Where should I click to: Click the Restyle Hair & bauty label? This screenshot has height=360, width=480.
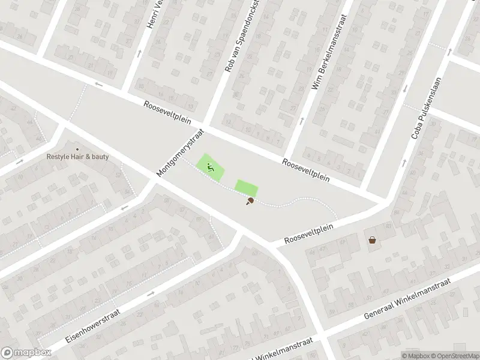pos(78,157)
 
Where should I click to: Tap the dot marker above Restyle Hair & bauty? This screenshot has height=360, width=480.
pos(77,149)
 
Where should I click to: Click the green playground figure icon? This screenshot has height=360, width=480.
pos(211,168)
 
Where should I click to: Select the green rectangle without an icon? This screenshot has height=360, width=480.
pos(246,187)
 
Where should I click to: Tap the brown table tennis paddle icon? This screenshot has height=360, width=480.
pos(249,202)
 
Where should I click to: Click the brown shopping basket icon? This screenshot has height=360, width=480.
pos(373,240)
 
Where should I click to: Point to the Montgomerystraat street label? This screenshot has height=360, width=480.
pos(181,152)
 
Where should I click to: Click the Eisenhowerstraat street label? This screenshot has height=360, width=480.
pos(93,325)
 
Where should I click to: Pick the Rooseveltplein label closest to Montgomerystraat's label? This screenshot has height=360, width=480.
pos(167,112)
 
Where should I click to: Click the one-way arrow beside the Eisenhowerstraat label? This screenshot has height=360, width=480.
pos(150,293)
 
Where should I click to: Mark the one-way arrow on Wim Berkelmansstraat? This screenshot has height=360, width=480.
pos(301,120)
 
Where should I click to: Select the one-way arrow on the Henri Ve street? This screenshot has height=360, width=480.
pos(140,53)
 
